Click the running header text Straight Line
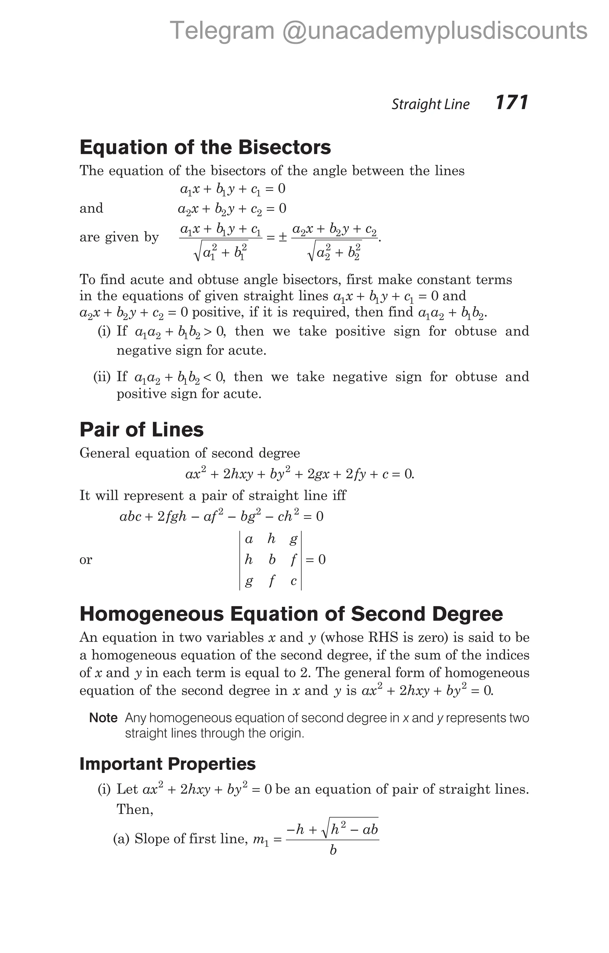(x=431, y=104)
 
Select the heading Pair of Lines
(x=141, y=430)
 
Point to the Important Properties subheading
(x=167, y=764)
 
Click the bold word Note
(x=103, y=718)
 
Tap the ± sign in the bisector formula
(x=282, y=238)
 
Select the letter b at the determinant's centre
(x=272, y=560)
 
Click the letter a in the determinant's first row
(x=249, y=539)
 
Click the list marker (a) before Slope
(x=121, y=839)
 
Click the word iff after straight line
(x=339, y=495)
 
